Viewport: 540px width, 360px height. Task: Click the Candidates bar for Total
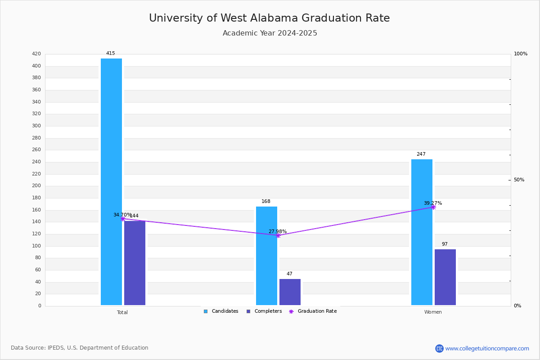click(x=111, y=182)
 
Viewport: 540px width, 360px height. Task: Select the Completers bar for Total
click(x=135, y=263)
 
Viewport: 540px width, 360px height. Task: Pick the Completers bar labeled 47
click(x=290, y=292)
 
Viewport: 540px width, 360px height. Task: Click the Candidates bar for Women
click(x=422, y=232)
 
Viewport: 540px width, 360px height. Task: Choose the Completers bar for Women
click(x=445, y=277)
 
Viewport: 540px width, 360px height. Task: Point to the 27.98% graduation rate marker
click(x=278, y=235)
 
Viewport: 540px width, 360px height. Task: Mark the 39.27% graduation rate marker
click(x=433, y=207)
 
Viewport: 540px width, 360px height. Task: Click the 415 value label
click(x=111, y=54)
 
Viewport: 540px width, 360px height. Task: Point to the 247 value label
click(x=421, y=154)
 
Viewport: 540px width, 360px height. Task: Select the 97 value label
click(x=445, y=244)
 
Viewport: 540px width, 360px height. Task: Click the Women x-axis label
click(x=433, y=312)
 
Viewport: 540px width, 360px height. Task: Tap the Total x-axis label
click(x=122, y=312)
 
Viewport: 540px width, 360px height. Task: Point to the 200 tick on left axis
click(x=36, y=186)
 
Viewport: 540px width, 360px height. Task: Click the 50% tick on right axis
click(x=519, y=180)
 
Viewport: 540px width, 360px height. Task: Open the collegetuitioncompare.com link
click(x=487, y=348)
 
